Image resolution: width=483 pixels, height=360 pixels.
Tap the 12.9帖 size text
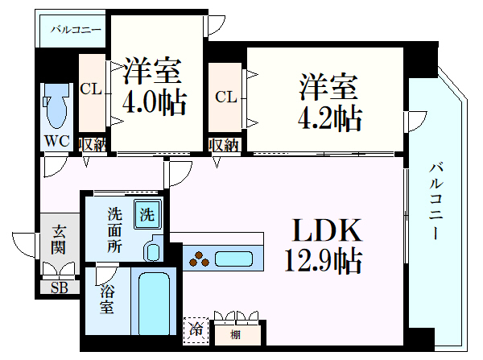coord(321,261)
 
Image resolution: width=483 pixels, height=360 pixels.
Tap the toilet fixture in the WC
coord(58,112)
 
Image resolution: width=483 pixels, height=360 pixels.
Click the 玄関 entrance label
coord(60,239)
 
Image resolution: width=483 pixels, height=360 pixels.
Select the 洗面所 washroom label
coord(115,230)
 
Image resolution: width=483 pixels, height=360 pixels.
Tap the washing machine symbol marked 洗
coord(147,215)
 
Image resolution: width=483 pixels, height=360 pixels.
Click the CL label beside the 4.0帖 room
coord(91,89)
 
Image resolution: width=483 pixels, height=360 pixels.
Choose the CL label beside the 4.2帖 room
coord(225,97)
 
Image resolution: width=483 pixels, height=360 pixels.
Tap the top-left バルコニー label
coord(76,30)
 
